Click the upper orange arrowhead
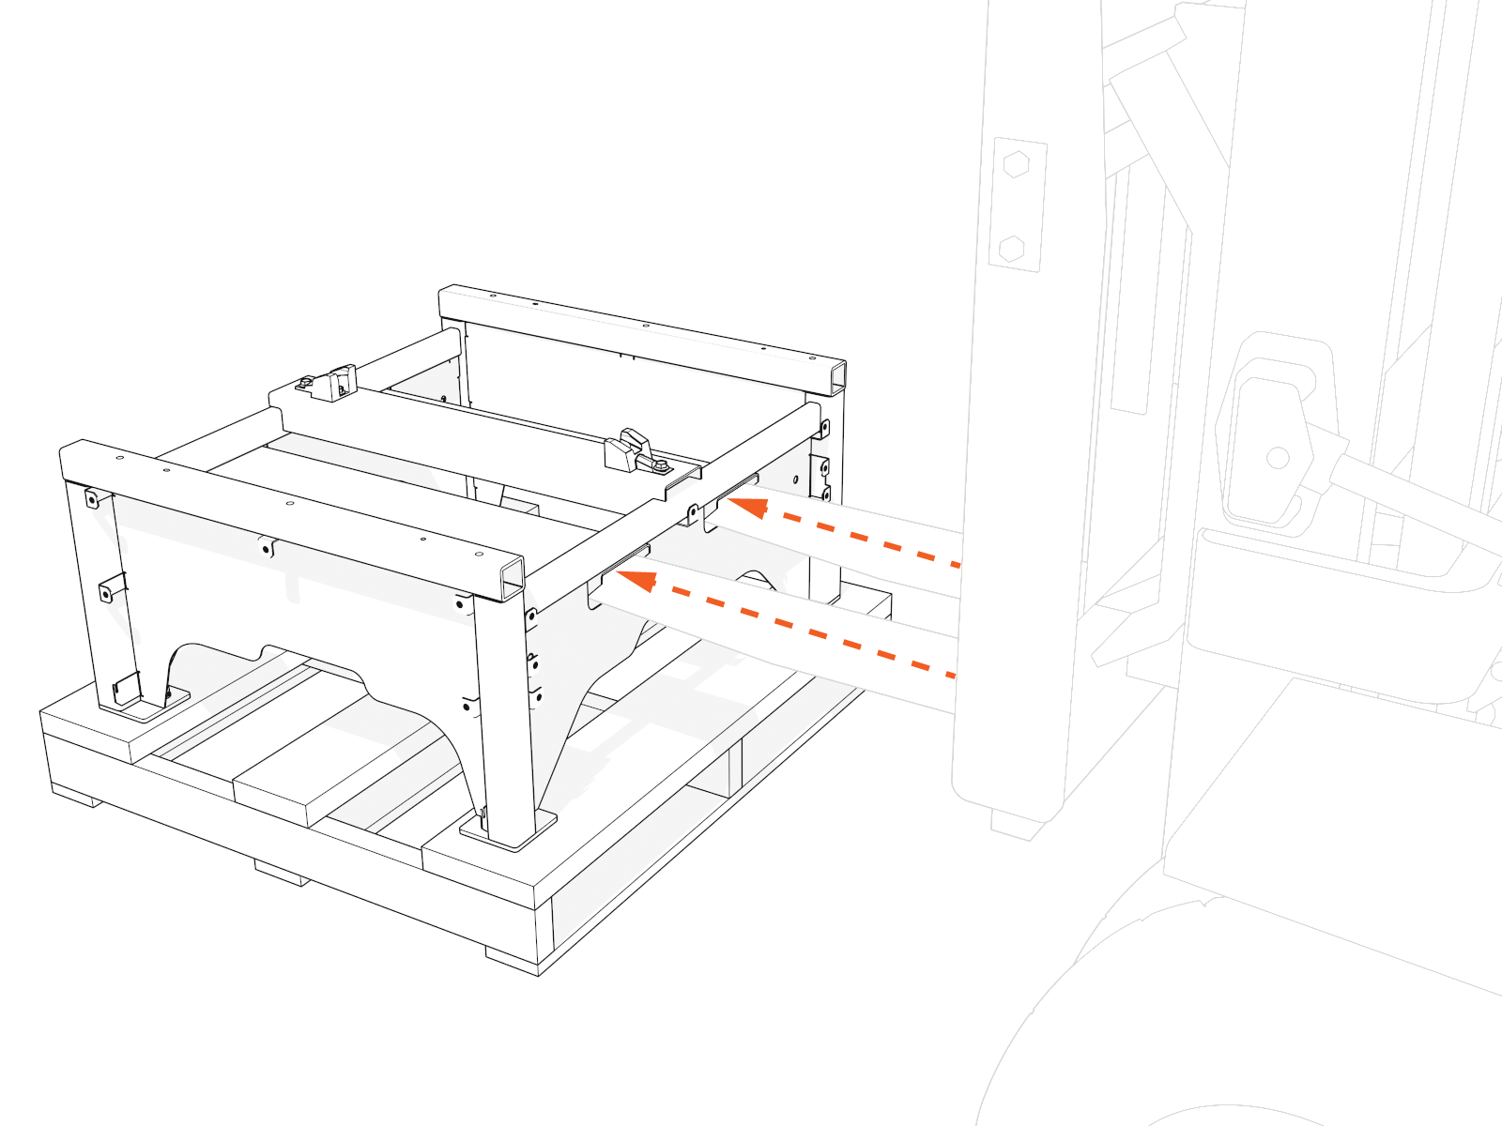tap(748, 508)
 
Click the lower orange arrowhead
tap(636, 581)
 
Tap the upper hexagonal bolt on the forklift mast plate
tap(1016, 165)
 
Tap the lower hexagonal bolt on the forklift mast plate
tap(1012, 249)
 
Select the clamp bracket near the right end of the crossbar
tap(627, 451)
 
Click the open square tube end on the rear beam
tap(837, 379)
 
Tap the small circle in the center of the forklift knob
tap(1278, 458)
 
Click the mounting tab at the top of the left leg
tap(92, 498)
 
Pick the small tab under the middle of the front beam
tap(268, 546)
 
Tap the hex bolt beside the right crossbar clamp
tap(661, 464)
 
